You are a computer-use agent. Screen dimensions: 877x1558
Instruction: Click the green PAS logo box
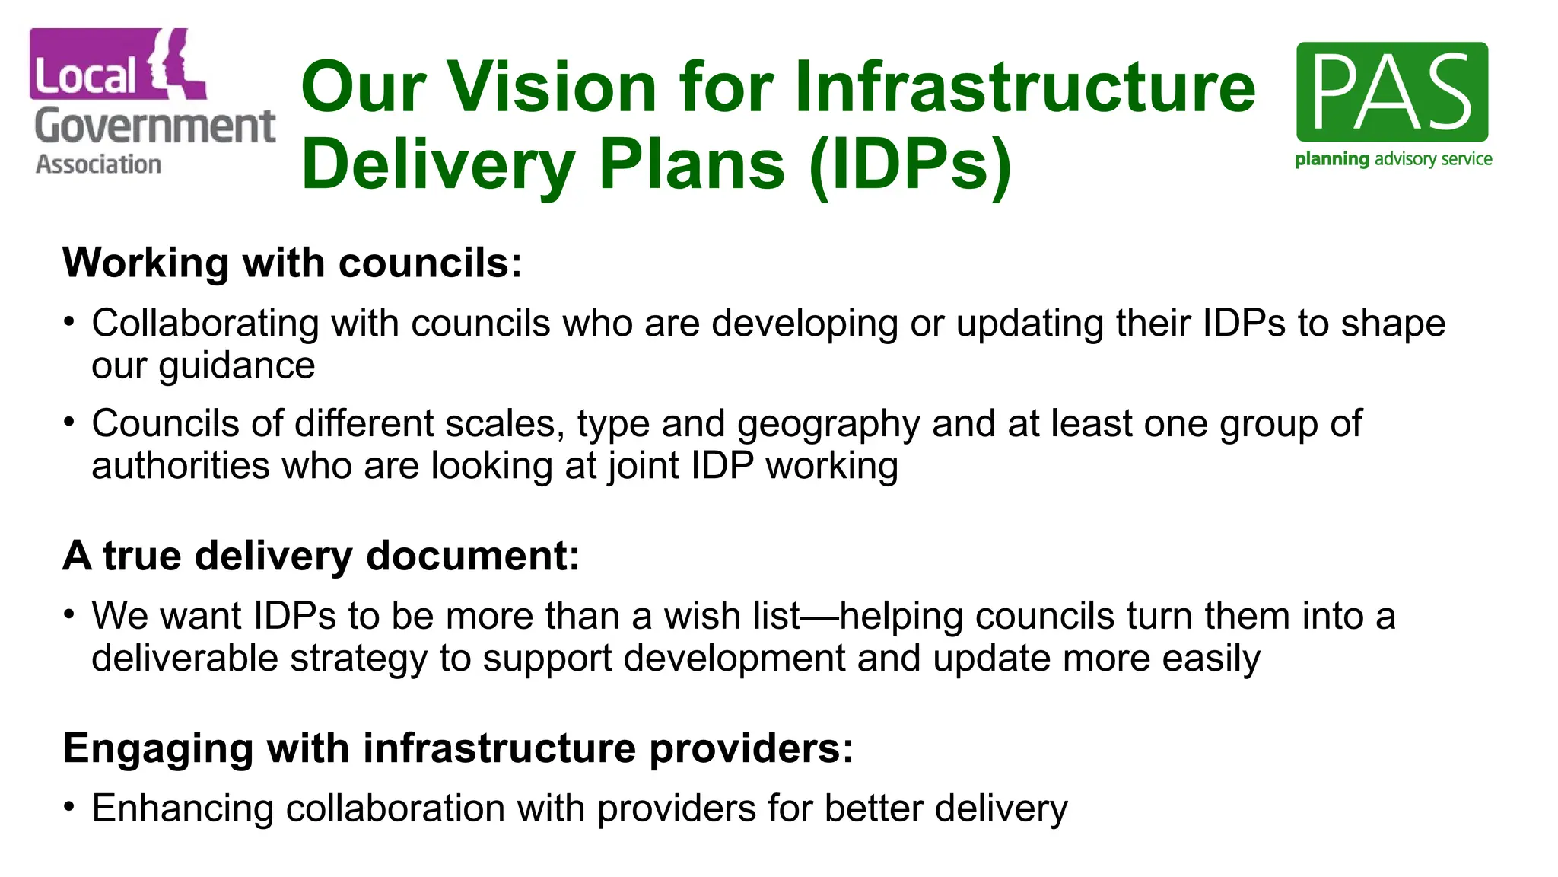click(x=1391, y=91)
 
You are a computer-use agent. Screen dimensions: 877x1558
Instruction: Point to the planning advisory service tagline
click(x=1393, y=159)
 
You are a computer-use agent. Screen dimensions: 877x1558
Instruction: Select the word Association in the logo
click(x=99, y=164)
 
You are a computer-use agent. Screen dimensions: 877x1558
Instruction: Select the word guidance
click(x=237, y=365)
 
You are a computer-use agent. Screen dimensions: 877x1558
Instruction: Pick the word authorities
click(x=180, y=465)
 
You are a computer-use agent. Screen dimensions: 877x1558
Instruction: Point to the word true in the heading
click(x=142, y=556)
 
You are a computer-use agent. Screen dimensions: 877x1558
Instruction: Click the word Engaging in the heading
click(x=158, y=748)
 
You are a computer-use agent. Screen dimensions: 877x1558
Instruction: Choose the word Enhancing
click(x=183, y=808)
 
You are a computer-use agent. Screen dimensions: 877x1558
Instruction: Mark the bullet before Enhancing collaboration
click(x=69, y=805)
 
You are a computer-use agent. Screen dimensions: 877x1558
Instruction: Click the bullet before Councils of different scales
click(x=69, y=421)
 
